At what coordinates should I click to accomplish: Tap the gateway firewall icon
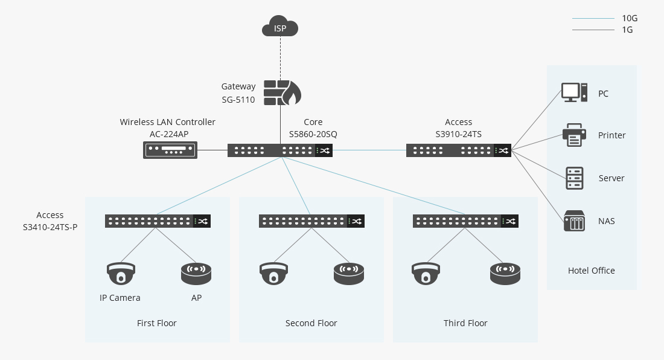pos(282,92)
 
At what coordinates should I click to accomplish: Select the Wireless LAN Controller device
pos(171,150)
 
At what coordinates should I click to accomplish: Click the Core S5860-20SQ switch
pos(279,150)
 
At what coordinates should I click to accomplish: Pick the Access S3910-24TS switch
pos(458,150)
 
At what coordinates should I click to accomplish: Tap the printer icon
pos(574,135)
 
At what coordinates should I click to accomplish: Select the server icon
pos(575,178)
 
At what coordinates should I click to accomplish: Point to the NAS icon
pos(574,220)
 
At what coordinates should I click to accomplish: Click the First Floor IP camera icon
pos(121,273)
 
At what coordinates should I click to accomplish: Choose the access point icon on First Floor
pos(196,273)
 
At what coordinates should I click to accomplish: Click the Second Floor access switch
pos(311,221)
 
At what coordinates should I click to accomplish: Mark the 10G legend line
pos(593,19)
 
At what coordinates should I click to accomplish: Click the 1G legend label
pos(627,30)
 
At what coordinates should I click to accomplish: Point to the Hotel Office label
pos(591,271)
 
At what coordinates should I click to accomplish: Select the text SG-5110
pos(238,100)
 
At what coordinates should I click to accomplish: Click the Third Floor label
pos(465,323)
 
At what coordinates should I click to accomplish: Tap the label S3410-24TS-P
pos(49,228)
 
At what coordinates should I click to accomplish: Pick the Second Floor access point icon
pos(349,273)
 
